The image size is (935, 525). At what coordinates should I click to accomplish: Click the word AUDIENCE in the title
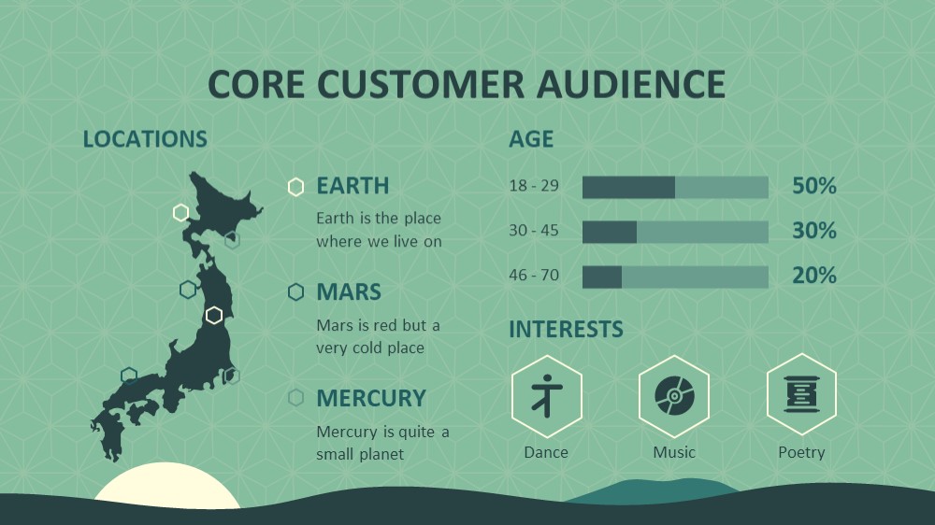click(630, 83)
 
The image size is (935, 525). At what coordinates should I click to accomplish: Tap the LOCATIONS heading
click(145, 139)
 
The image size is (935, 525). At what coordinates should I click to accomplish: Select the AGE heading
click(531, 139)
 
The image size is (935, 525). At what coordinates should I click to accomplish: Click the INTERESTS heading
click(566, 329)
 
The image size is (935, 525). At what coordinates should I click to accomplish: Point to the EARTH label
click(352, 186)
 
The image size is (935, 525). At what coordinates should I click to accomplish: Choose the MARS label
click(349, 292)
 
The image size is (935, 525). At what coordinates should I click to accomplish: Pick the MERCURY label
click(371, 398)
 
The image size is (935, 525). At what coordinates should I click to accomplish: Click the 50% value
click(814, 186)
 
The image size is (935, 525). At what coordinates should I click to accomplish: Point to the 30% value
click(814, 231)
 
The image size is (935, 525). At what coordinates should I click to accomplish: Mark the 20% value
click(814, 276)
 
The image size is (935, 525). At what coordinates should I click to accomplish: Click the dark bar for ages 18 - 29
click(628, 187)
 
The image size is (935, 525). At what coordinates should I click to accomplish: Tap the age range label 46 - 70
click(534, 275)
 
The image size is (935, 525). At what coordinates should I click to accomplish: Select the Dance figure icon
click(547, 396)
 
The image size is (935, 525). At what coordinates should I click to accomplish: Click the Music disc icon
click(674, 396)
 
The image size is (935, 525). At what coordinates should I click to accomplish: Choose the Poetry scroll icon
click(801, 394)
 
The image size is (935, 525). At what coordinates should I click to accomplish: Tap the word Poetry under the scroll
click(801, 453)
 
